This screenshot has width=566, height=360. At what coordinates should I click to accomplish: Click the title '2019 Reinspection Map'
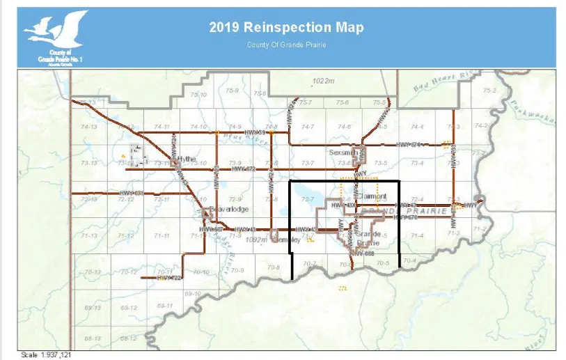(x=286, y=28)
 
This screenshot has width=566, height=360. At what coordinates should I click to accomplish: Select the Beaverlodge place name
(x=228, y=208)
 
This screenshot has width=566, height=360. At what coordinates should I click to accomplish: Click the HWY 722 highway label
(x=169, y=278)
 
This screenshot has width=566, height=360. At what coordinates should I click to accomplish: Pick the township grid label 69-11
(x=165, y=306)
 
